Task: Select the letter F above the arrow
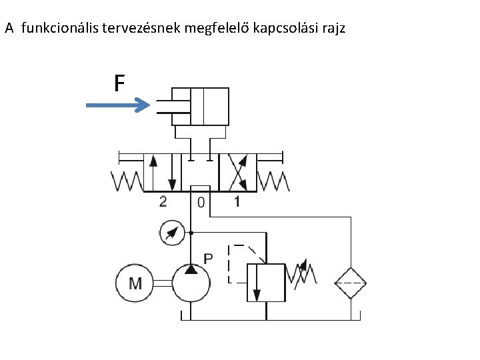pyautogui.click(x=119, y=84)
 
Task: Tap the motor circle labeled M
pyautogui.click(x=135, y=283)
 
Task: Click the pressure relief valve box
pyautogui.click(x=266, y=282)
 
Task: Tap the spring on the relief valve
pyautogui.click(x=301, y=273)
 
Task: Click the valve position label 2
pyautogui.click(x=163, y=201)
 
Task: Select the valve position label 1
pyautogui.click(x=237, y=201)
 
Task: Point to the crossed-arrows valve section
pyautogui.click(x=237, y=172)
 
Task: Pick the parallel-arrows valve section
pyautogui.click(x=163, y=172)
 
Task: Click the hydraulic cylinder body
pyautogui.click(x=200, y=106)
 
